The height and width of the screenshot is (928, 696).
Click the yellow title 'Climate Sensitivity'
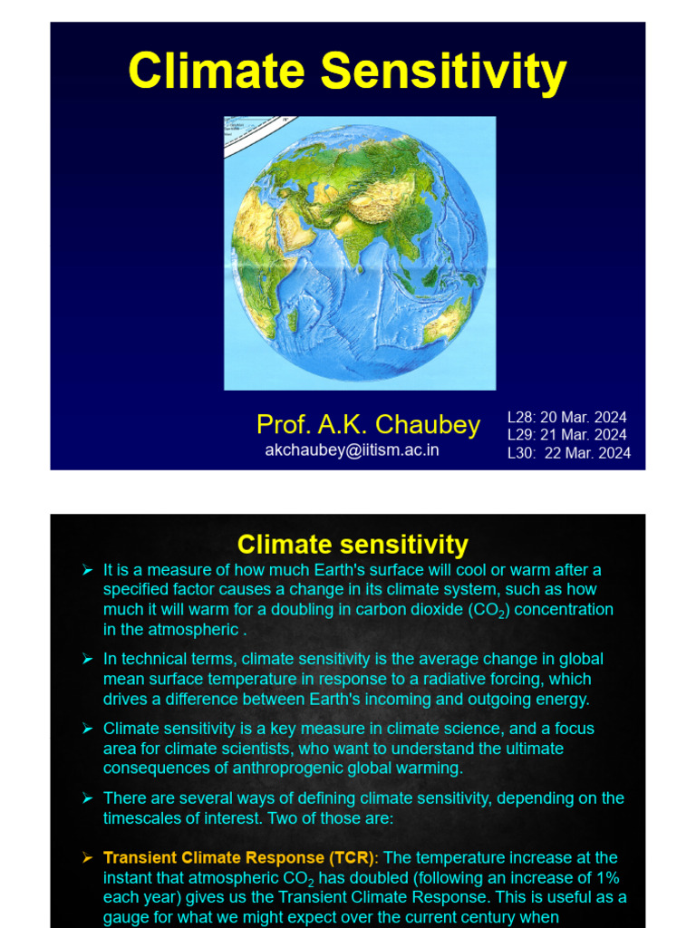347,72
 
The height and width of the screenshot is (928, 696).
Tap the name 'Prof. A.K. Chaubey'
368,424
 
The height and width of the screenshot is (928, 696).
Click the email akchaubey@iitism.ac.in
353,450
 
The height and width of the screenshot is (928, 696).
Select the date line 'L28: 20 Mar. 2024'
567,417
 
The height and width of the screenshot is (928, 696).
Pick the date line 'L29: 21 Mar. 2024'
567,435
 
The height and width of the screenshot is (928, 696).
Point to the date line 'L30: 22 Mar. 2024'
569,453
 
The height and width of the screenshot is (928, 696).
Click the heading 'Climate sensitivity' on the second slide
353,545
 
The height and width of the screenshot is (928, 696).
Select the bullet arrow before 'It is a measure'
88,570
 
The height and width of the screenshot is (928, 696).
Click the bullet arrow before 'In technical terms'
88,659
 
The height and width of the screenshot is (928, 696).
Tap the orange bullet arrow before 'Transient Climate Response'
88,857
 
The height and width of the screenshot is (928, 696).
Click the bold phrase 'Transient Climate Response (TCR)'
239,857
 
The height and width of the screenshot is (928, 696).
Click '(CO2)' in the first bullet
488,610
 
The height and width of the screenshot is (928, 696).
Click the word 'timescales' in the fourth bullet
142,818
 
